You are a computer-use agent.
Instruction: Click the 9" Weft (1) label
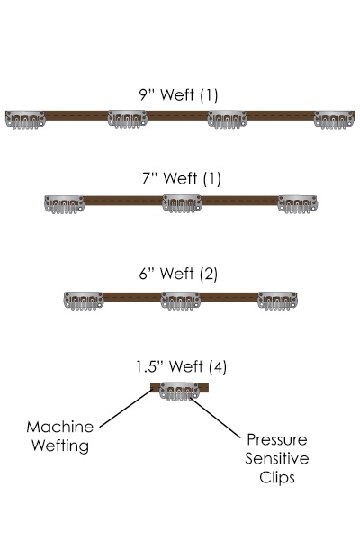point(178,94)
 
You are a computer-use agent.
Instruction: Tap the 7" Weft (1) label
point(182,178)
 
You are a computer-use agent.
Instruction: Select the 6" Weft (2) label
point(178,274)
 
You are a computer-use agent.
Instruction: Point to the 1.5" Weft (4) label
point(181,366)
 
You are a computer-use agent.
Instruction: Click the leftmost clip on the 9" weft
point(25,120)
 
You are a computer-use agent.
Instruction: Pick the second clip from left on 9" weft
point(128,119)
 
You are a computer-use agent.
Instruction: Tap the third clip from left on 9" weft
point(227,120)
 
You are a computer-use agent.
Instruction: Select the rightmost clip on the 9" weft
point(334,120)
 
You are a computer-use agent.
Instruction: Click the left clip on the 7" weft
point(65,204)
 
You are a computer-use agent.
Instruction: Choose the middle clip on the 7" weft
point(182,203)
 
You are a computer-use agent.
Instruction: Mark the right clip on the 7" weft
point(298,204)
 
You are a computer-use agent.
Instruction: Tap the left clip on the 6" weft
point(84,301)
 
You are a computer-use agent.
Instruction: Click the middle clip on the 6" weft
point(181,301)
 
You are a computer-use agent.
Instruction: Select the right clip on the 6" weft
point(277,301)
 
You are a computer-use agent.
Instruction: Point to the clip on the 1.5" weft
point(179,391)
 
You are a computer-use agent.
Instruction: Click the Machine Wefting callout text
point(60,436)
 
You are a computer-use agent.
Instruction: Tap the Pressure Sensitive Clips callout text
point(277,458)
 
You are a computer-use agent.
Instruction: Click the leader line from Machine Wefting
point(126,408)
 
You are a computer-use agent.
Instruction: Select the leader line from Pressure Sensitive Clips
point(216,418)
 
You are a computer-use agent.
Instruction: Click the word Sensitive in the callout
point(277,458)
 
